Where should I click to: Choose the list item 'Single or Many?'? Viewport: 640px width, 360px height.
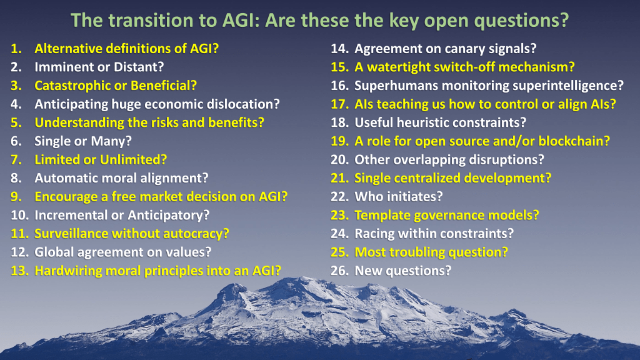pyautogui.click(x=83, y=141)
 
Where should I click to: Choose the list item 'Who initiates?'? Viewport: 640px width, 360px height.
pyautogui.click(x=398, y=197)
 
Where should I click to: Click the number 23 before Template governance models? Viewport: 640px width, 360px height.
pyautogui.click(x=339, y=215)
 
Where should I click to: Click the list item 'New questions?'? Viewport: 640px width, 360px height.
pyautogui.click(x=403, y=271)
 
